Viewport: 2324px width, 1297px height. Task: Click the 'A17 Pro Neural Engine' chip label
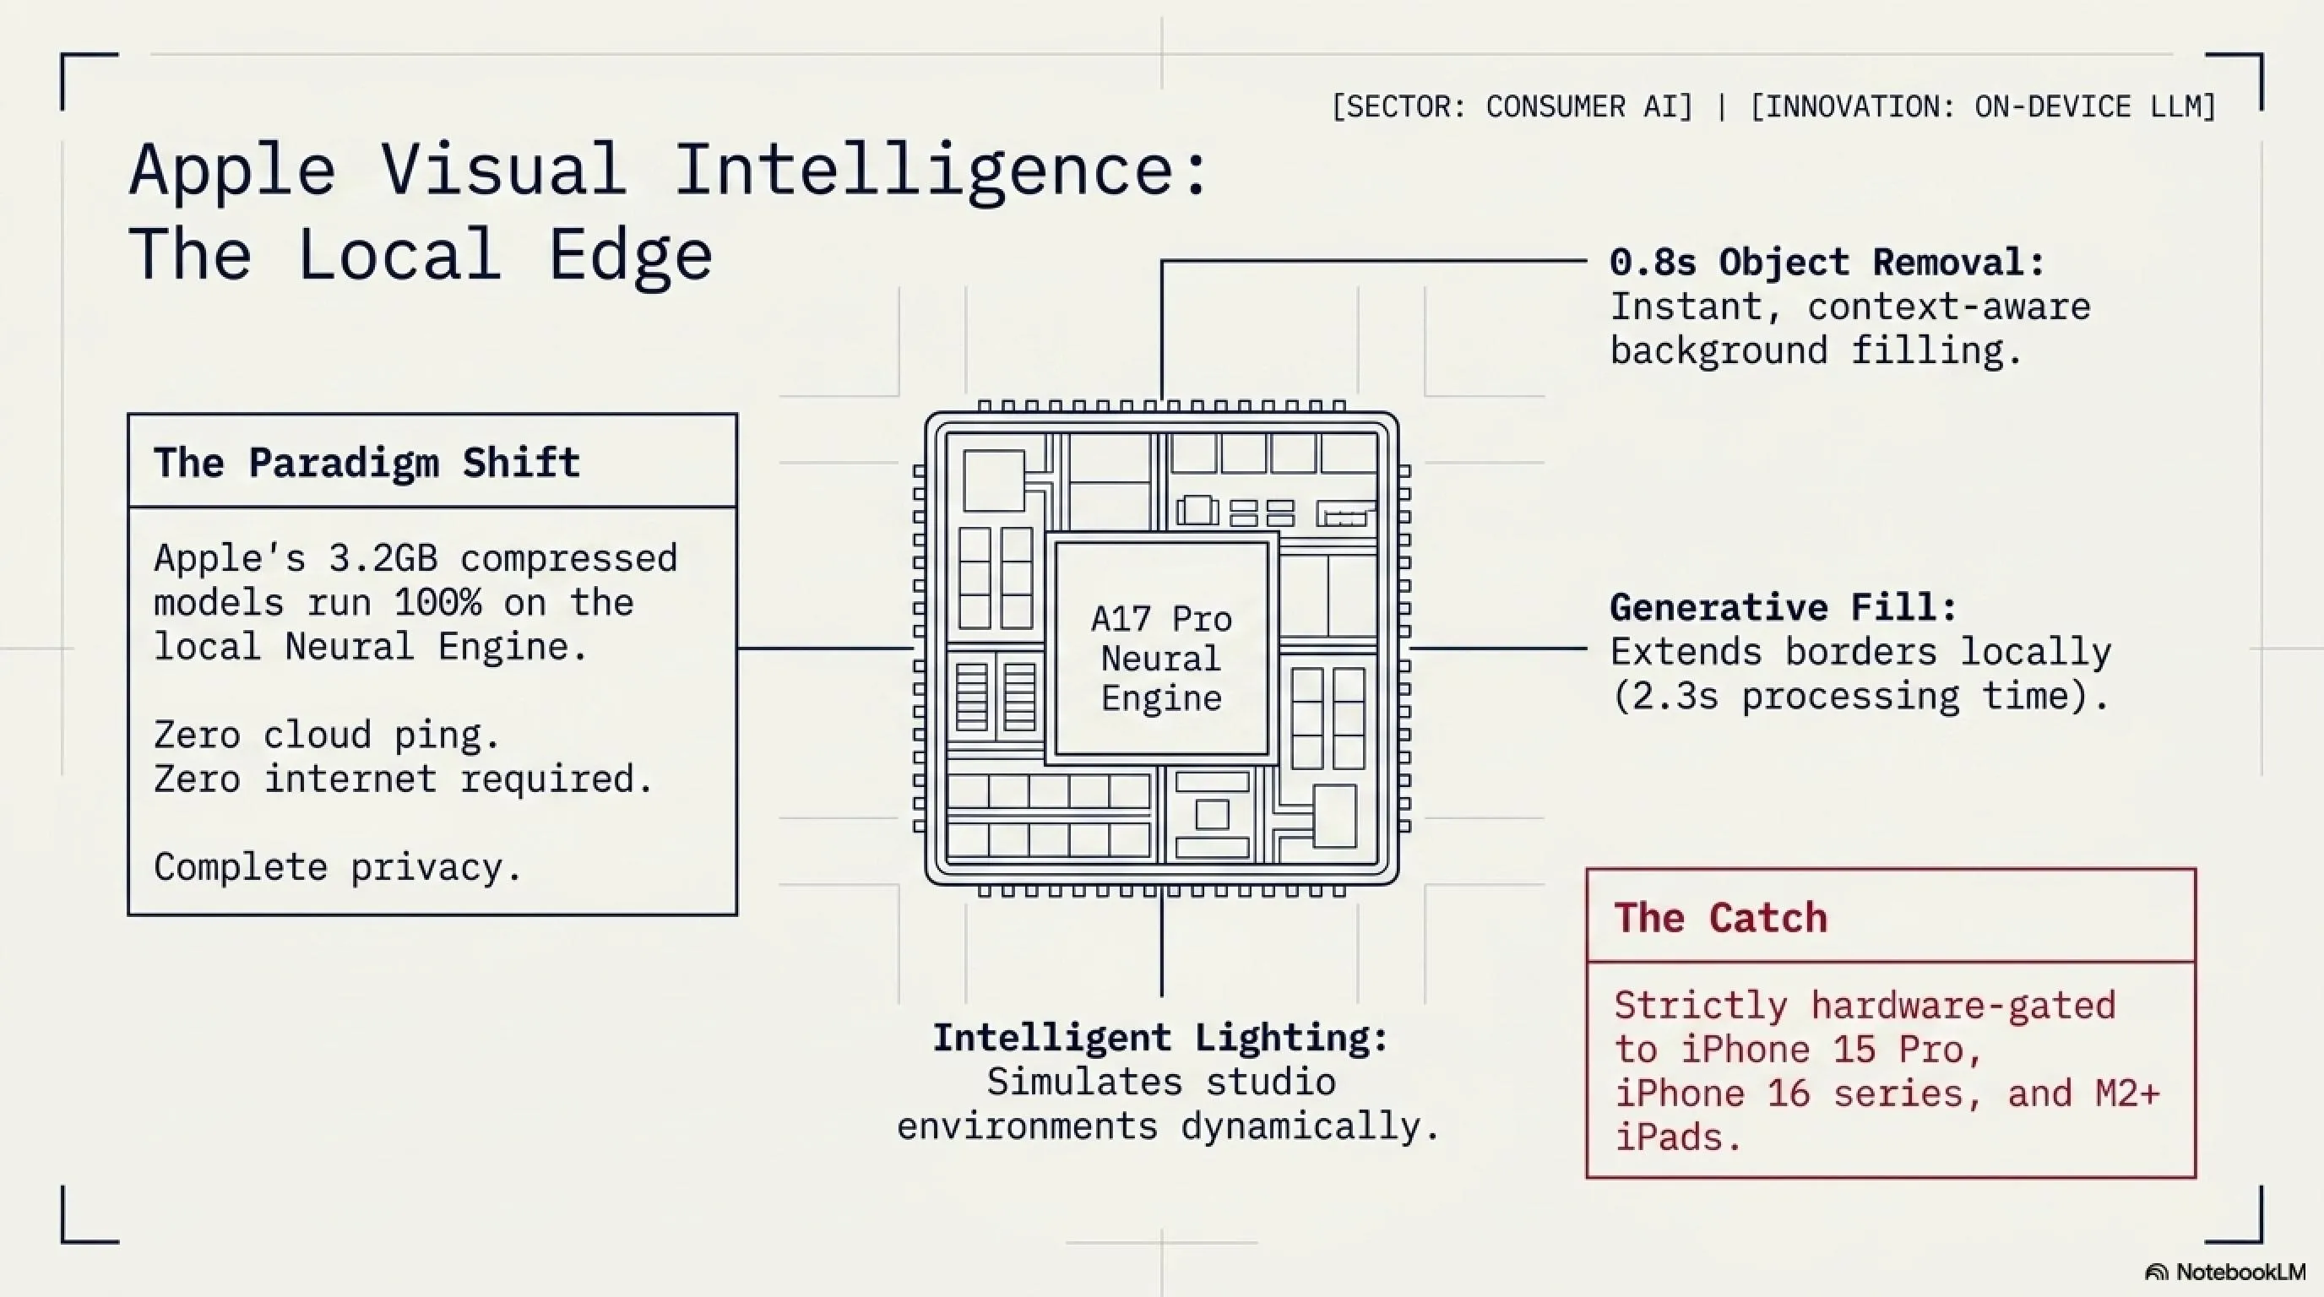[x=1161, y=659]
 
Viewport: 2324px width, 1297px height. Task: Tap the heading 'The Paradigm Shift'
[x=367, y=463]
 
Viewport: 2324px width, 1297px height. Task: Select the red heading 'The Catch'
[x=1720, y=917]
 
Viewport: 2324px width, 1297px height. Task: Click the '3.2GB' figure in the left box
[x=383, y=558]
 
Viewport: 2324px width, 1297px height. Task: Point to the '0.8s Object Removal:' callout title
[x=1827, y=263]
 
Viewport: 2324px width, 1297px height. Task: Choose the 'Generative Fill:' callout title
[x=1784, y=607]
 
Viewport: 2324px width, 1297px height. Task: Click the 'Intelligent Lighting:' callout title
[x=1160, y=1037]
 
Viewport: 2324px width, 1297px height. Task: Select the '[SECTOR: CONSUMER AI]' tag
[x=1512, y=106]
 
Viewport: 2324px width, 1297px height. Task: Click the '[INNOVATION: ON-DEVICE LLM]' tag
[x=1983, y=106]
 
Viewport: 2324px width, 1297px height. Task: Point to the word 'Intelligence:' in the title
[x=941, y=171]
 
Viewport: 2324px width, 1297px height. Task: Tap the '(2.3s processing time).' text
[x=1860, y=697]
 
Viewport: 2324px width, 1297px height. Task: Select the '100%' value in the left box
[x=437, y=603]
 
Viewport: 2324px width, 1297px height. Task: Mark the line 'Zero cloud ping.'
[x=327, y=736]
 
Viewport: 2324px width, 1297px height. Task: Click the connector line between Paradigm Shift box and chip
[x=826, y=648]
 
